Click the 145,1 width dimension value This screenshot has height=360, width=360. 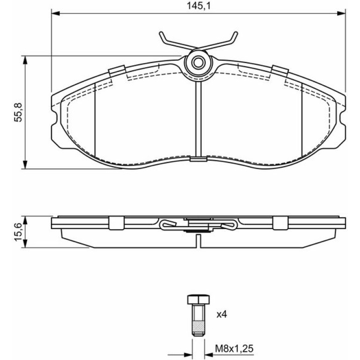199,6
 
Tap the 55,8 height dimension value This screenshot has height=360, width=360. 18,112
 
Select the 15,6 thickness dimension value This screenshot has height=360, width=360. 18,232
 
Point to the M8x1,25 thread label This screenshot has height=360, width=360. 234,349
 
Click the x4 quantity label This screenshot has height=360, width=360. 222,315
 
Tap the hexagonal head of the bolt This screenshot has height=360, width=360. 199,299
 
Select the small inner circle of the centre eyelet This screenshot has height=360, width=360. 198,62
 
